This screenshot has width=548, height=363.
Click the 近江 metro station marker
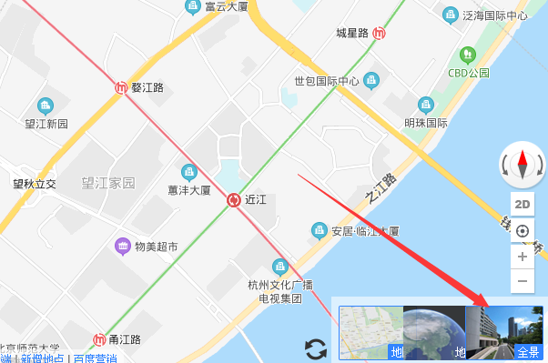click(235, 199)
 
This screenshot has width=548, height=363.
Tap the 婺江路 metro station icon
click(122, 87)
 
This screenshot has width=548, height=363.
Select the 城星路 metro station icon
click(379, 34)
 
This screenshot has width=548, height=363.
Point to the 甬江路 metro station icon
click(99, 339)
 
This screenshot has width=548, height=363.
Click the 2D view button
click(523, 204)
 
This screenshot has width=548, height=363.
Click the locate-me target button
click(523, 230)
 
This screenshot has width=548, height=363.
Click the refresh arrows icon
click(315, 348)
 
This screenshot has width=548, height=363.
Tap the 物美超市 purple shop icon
click(121, 247)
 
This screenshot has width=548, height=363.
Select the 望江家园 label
click(107, 182)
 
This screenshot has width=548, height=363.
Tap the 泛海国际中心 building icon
click(450, 15)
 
